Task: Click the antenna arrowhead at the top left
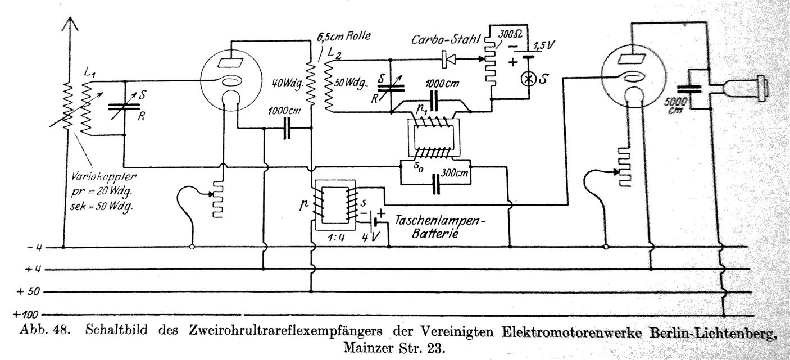[70, 25]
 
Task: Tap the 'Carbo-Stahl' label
[446, 39]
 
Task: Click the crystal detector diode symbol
[448, 59]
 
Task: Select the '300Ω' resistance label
[510, 35]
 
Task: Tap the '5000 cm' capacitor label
[675, 106]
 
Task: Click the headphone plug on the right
[746, 88]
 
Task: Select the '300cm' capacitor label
[455, 173]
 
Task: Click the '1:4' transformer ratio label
[336, 238]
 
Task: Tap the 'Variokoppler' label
[104, 176]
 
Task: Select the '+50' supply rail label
[28, 292]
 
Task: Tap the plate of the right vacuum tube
[632, 59]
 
